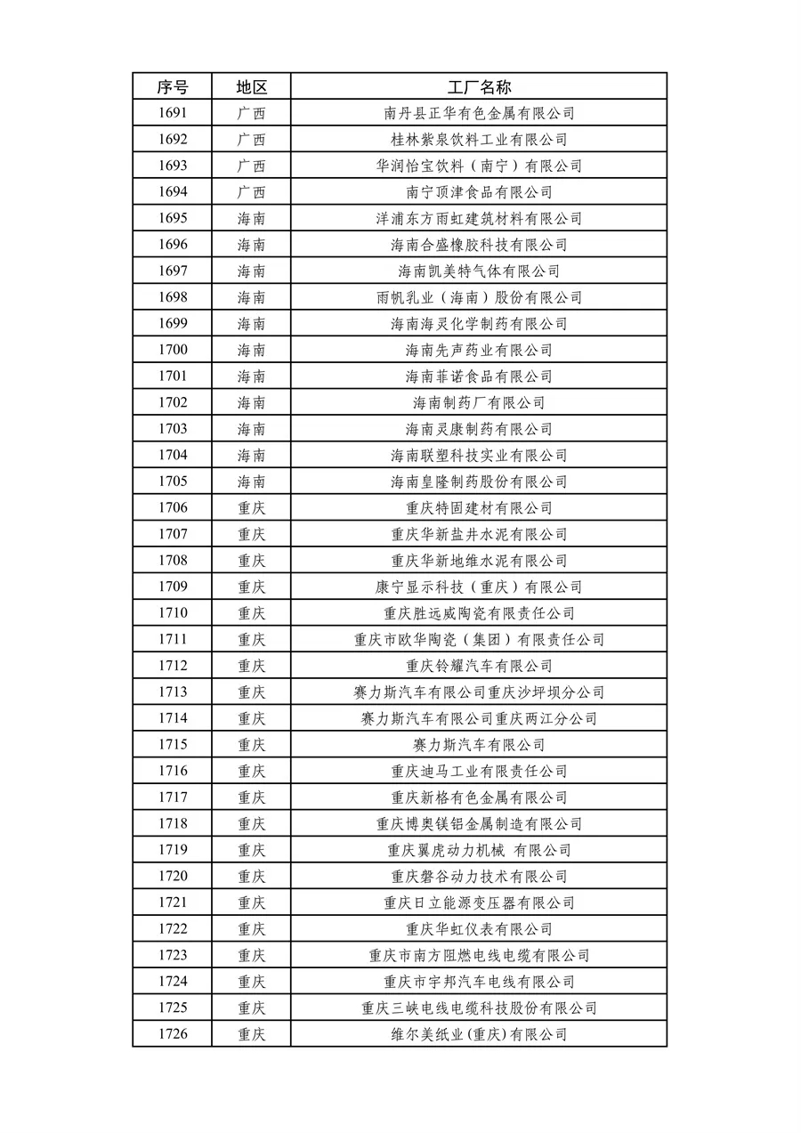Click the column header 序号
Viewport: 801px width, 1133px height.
(173, 86)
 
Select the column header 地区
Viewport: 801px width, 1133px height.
(251, 86)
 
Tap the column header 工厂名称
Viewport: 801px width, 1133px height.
(479, 86)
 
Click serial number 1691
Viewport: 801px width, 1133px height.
(173, 113)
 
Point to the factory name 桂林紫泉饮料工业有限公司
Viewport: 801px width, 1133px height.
(479, 140)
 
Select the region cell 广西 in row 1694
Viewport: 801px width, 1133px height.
(251, 192)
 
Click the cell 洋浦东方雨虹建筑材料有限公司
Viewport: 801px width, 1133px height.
(479, 219)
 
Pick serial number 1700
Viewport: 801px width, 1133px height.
(173, 350)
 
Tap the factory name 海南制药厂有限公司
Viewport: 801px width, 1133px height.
(479, 402)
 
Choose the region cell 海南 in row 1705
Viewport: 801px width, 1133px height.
(251, 482)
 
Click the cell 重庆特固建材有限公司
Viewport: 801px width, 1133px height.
(479, 508)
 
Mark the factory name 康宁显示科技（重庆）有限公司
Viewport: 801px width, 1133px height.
(479, 587)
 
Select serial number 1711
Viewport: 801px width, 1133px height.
(173, 639)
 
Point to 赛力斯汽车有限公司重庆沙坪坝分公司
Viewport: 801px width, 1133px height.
(479, 692)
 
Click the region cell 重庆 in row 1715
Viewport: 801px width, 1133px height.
(251, 745)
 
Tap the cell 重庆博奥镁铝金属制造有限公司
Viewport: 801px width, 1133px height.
(479, 824)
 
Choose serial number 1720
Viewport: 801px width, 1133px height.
(173, 877)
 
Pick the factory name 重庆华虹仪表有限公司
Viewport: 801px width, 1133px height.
(479, 929)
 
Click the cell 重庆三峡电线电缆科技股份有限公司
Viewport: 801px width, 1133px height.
(479, 1008)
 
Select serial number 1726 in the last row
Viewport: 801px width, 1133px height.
(173, 1034)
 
